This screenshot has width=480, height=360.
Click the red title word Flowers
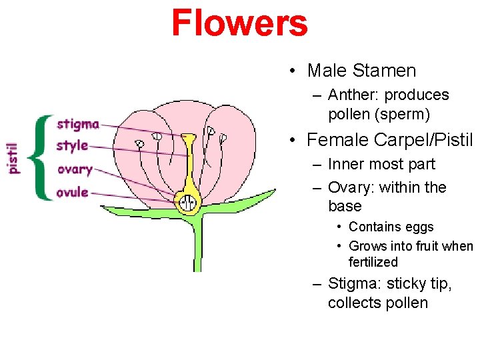point(239,23)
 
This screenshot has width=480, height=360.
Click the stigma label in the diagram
point(78,124)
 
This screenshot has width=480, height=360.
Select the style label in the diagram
point(73,146)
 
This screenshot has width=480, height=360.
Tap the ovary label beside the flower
point(75,169)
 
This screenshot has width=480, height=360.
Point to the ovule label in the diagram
point(73,193)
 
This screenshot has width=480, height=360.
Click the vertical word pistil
point(14,157)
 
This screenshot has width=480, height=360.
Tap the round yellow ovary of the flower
point(188,200)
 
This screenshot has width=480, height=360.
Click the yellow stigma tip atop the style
point(189,139)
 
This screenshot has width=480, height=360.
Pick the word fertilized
point(373,263)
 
